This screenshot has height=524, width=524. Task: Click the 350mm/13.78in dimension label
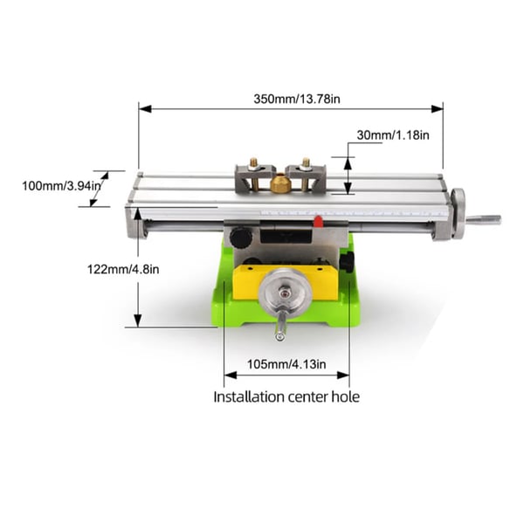pyautogui.click(x=297, y=100)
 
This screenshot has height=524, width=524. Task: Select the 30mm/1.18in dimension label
pyautogui.click(x=393, y=135)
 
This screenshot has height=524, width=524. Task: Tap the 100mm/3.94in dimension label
pyautogui.click(x=61, y=185)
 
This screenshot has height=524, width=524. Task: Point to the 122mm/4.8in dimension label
pyautogui.click(x=123, y=269)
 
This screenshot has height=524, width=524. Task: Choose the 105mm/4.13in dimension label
pyautogui.click(x=286, y=364)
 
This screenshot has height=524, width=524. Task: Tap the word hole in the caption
pyautogui.click(x=346, y=397)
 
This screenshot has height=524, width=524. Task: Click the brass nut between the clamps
pyautogui.click(x=280, y=184)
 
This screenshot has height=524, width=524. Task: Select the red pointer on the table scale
pyautogui.click(x=318, y=222)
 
